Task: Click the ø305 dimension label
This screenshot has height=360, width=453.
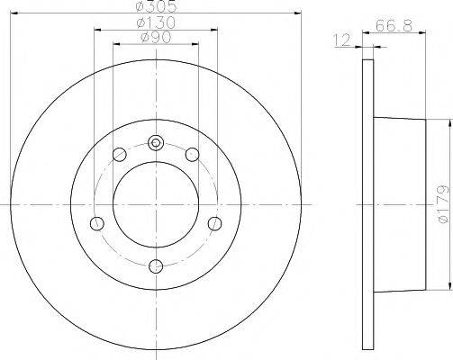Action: pyautogui.click(x=155, y=5)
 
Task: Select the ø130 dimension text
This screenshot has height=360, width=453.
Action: pyautogui.click(x=155, y=22)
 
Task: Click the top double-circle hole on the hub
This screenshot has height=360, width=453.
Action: pyautogui.click(x=156, y=142)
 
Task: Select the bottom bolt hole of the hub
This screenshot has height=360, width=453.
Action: pyautogui.click(x=156, y=264)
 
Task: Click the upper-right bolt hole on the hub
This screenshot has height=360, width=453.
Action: pyautogui.click(x=191, y=156)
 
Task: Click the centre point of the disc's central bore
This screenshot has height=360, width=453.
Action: pyautogui.click(x=156, y=203)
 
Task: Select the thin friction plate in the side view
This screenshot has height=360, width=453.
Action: pyautogui.click(x=367, y=203)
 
